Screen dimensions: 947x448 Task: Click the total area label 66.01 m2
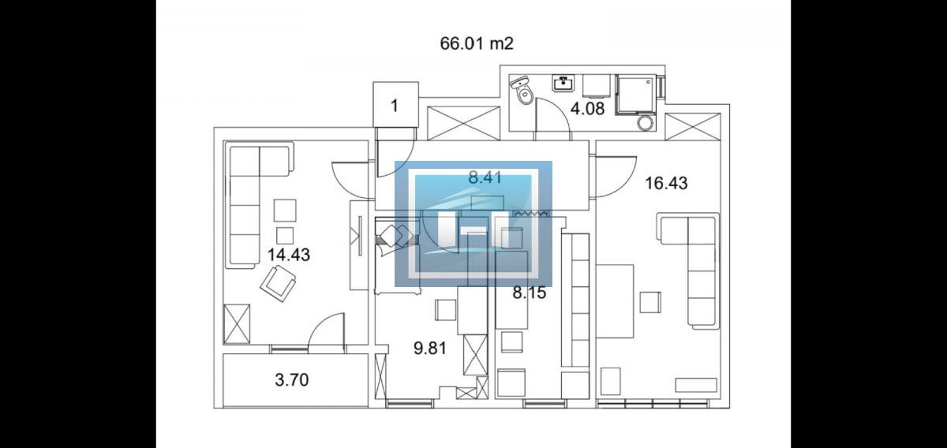click(477, 43)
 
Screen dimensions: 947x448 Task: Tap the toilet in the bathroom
click(522, 90)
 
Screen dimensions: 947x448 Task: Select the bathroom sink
click(563, 84)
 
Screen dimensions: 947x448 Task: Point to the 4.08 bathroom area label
click(587, 109)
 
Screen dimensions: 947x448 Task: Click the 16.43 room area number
click(666, 183)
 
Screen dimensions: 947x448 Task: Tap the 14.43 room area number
click(289, 255)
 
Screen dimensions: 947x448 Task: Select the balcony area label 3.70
click(292, 380)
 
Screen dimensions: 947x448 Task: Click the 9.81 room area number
click(430, 349)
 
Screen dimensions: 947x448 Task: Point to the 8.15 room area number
click(530, 293)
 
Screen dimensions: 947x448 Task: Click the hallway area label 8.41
click(485, 177)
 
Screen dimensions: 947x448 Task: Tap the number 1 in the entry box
click(395, 106)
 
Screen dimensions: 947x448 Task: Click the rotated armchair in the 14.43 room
click(278, 283)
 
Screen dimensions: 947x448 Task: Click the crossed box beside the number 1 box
click(464, 123)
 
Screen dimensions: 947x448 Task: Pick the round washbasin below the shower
click(645, 123)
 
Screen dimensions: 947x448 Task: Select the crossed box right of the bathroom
click(693, 126)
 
